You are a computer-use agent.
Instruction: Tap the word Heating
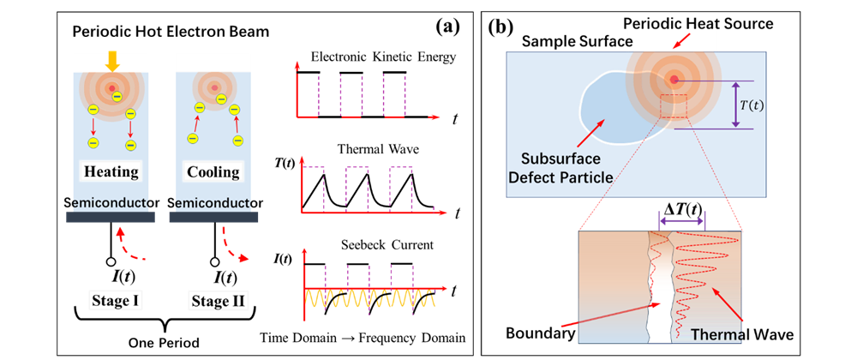click(111, 172)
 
